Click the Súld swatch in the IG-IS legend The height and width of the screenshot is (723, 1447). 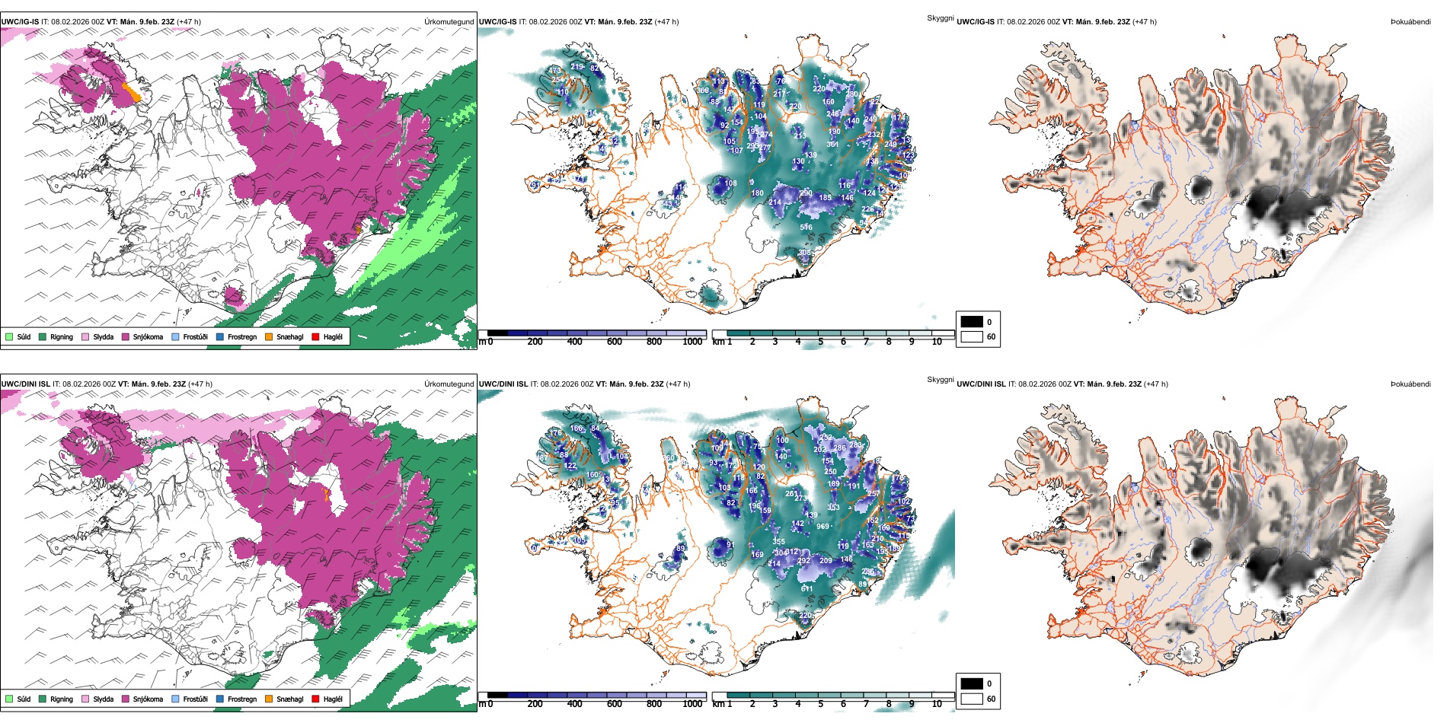[9, 336]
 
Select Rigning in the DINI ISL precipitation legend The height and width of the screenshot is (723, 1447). [43, 699]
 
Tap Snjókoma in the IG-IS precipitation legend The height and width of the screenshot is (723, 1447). [126, 336]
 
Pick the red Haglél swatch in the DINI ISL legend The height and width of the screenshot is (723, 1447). [315, 699]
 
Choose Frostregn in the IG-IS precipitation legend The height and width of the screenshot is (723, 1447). [220, 336]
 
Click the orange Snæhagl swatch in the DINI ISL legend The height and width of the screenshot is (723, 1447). [269, 699]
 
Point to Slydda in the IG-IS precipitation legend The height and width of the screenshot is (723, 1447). [85, 336]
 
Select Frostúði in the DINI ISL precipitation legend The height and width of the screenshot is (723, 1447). [176, 699]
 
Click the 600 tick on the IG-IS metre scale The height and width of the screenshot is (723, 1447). [615, 342]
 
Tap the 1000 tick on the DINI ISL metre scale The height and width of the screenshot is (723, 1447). [692, 704]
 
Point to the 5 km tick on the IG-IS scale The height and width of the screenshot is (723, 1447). [820, 342]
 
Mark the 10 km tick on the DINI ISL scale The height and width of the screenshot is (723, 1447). [937, 704]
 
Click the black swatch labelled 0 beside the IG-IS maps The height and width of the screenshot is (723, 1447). [972, 322]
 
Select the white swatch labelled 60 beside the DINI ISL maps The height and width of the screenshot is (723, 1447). [972, 699]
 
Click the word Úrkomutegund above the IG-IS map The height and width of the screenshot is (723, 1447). [449, 22]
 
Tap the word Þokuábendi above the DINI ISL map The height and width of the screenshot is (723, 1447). [1410, 384]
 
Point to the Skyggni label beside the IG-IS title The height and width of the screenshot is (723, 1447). [940, 18]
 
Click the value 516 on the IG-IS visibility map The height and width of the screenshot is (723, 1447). [806, 227]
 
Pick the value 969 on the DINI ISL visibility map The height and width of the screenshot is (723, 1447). [823, 527]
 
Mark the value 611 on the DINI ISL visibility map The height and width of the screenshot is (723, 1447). [807, 589]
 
